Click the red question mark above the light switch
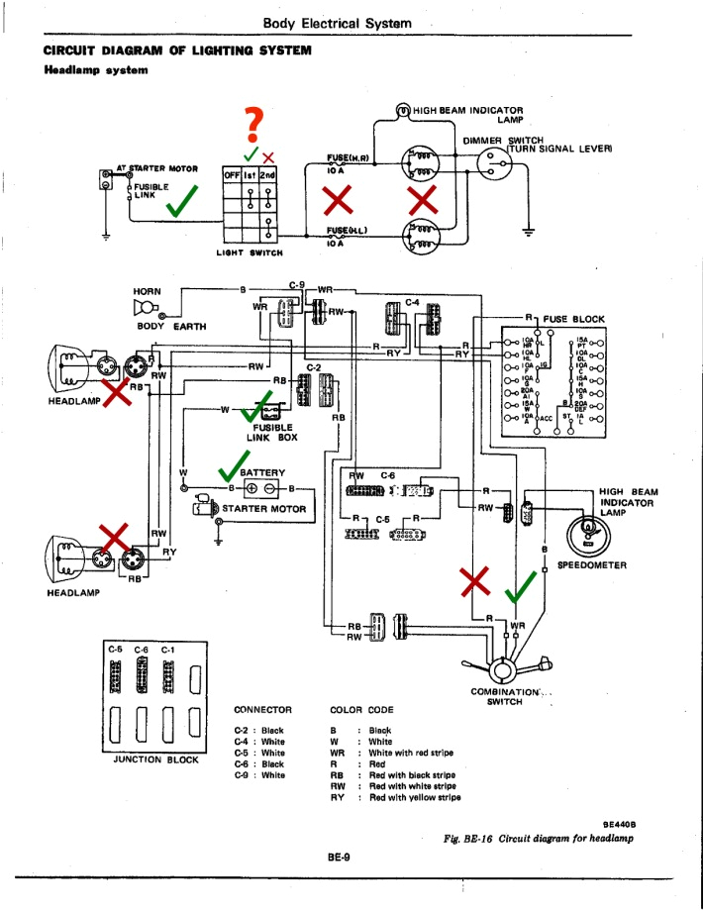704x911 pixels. [256, 125]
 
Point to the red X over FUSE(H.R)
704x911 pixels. [340, 200]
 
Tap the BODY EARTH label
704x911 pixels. [164, 325]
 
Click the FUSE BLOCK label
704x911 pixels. [573, 319]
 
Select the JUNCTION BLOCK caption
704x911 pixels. [155, 759]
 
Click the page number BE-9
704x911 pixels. [340, 857]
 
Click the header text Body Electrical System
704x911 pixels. [338, 22]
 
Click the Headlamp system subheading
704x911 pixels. [96, 69]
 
